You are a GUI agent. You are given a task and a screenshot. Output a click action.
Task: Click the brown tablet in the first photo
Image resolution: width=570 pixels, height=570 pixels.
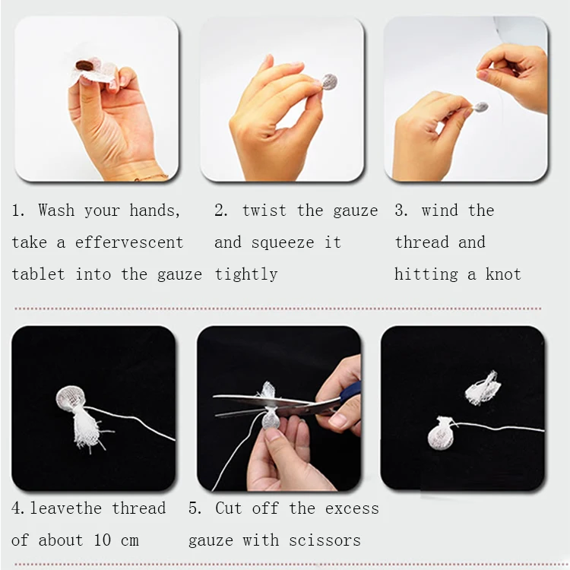pyautogui.click(x=84, y=66)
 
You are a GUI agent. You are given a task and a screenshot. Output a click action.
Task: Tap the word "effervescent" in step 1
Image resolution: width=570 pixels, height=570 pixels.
pyautogui.click(x=129, y=242)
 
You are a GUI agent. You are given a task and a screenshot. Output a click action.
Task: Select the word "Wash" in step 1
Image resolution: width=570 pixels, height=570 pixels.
pyautogui.click(x=56, y=210)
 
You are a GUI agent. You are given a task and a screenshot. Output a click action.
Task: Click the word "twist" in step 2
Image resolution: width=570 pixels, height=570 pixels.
pyautogui.click(x=264, y=211)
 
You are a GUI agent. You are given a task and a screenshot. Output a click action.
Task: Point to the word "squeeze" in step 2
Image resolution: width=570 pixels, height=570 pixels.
pyautogui.click(x=283, y=243)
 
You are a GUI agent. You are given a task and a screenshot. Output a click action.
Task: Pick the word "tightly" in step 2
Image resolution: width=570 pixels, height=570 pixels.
pyautogui.click(x=246, y=275)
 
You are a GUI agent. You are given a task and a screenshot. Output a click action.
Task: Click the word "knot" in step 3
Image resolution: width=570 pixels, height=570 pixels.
pyautogui.click(x=503, y=274)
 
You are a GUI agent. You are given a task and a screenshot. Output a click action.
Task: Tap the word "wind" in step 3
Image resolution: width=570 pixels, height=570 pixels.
pyautogui.click(x=439, y=211)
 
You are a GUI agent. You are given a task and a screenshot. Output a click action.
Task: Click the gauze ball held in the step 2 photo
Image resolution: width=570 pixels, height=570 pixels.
pyautogui.click(x=329, y=82)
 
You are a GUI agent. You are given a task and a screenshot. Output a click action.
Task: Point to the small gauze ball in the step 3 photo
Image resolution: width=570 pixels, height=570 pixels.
pyautogui.click(x=480, y=107)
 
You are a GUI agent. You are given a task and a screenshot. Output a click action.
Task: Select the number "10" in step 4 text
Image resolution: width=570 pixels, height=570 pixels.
pyautogui.click(x=102, y=540)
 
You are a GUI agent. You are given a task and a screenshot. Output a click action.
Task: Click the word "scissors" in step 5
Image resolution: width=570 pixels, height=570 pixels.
pyautogui.click(x=325, y=540)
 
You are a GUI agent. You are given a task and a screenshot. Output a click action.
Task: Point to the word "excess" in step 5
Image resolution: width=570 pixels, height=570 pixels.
pyautogui.click(x=352, y=509)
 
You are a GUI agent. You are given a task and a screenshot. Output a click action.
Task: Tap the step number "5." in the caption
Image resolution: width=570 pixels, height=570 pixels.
pyautogui.click(x=195, y=508)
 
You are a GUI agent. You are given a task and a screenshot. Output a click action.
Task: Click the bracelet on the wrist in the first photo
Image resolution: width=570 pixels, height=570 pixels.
pyautogui.click(x=151, y=178)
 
